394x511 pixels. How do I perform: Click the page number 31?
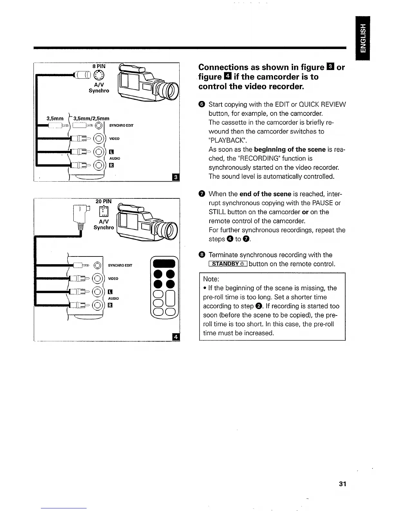(x=342, y=484)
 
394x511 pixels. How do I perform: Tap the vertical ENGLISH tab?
(x=363, y=38)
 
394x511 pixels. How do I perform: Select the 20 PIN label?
(x=104, y=201)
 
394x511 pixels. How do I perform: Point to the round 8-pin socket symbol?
(x=99, y=76)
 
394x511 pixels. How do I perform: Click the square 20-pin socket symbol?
(x=104, y=211)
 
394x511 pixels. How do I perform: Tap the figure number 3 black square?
(x=176, y=177)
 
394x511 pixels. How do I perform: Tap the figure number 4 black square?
(x=176, y=337)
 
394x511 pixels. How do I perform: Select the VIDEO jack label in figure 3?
(x=114, y=139)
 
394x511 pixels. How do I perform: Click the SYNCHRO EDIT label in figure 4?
(x=120, y=266)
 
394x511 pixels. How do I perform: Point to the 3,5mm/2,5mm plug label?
(x=91, y=118)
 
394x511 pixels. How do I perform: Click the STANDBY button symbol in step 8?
(x=228, y=264)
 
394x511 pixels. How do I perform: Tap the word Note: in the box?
(x=211, y=279)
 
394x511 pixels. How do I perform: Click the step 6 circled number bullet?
(x=202, y=105)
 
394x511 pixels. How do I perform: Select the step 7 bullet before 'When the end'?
(x=202, y=194)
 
